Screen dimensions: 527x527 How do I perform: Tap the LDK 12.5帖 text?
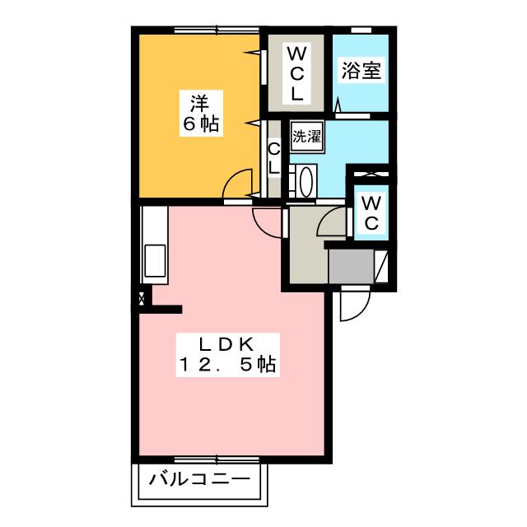tap(228, 353)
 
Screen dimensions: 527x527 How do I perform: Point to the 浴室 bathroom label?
tap(362, 72)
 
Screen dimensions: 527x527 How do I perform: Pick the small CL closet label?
tap(275, 158)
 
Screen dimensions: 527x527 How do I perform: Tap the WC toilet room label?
tap(371, 212)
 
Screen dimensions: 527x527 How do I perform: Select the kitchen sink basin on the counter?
tap(154, 263)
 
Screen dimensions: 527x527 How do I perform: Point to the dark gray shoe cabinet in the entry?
tap(350, 265)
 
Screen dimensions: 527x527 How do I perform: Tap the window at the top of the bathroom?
tap(361, 30)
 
